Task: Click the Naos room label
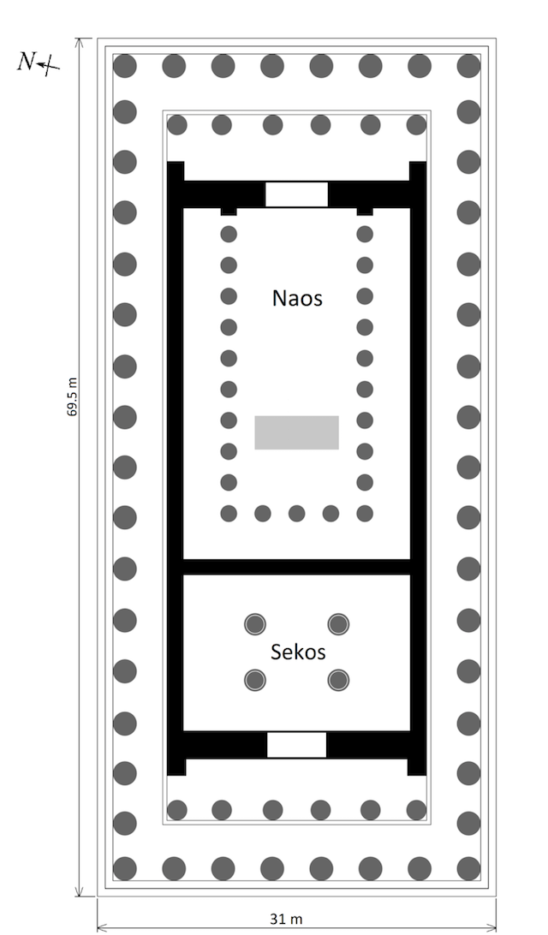click(x=297, y=299)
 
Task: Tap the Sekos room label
click(x=298, y=652)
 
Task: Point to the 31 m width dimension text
click(x=286, y=920)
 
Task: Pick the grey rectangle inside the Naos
click(x=296, y=432)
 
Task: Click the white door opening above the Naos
click(x=296, y=194)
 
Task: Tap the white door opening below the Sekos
click(x=296, y=745)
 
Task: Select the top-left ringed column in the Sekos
click(x=254, y=623)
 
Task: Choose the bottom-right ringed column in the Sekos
click(x=339, y=681)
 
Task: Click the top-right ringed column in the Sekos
click(x=339, y=623)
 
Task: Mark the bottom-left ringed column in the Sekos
click(x=254, y=681)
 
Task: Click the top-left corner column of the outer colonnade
click(x=125, y=65)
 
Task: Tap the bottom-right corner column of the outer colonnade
click(x=468, y=868)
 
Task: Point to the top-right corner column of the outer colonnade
click(x=468, y=65)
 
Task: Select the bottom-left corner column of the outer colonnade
click(x=125, y=868)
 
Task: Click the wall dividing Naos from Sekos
click(x=296, y=566)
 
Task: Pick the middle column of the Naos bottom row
click(x=296, y=514)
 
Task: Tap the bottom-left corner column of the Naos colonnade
click(x=229, y=514)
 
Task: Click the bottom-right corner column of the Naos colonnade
click(x=365, y=514)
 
